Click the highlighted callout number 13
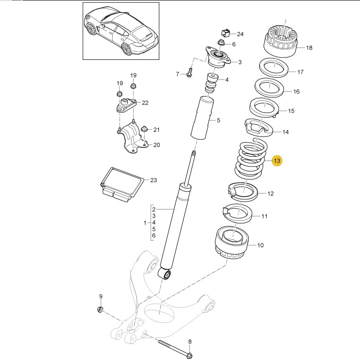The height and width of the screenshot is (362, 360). (277, 161)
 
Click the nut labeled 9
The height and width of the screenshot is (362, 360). (100, 309)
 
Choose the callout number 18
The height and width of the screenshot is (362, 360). (309, 48)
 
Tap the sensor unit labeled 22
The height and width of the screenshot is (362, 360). (124, 104)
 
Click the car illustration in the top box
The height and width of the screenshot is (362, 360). (121, 31)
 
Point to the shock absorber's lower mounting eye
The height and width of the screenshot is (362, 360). (165, 274)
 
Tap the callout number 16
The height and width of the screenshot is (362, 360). (296, 92)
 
